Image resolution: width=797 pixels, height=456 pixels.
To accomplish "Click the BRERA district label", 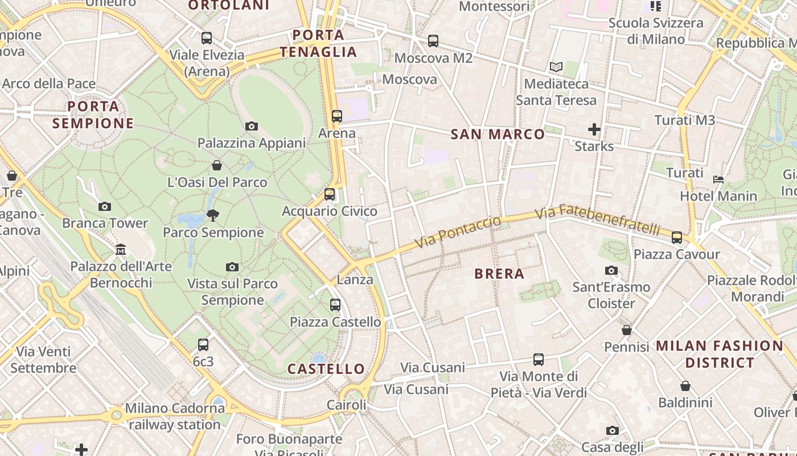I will click(x=499, y=274).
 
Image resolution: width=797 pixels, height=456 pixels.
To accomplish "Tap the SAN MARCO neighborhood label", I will click(x=498, y=135).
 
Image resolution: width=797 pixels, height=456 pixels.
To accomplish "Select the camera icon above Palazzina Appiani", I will click(x=252, y=126).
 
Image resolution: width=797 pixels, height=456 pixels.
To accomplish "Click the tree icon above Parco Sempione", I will click(x=213, y=215).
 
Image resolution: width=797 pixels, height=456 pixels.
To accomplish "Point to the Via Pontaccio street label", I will click(x=458, y=233).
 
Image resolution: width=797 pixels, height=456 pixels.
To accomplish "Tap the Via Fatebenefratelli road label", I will click(x=598, y=219).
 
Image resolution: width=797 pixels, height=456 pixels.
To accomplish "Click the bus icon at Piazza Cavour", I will click(x=677, y=237).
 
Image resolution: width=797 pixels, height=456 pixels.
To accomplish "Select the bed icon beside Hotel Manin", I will click(x=718, y=179).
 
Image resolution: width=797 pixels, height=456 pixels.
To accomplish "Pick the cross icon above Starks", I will click(x=594, y=129).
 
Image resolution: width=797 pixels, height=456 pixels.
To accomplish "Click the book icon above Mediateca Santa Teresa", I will click(x=556, y=67).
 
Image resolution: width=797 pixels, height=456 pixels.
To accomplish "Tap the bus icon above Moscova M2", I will click(x=433, y=41).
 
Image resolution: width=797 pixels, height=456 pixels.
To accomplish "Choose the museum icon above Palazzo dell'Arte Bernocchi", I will click(x=121, y=250).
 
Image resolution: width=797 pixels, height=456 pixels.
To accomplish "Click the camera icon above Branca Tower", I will click(x=105, y=206).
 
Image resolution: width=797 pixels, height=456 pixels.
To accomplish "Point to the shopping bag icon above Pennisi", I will click(x=627, y=330).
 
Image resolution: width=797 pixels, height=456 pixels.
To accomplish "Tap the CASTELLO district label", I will click(x=326, y=369).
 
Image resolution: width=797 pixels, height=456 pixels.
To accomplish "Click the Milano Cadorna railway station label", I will click(x=175, y=417).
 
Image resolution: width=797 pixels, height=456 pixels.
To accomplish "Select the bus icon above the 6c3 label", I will click(x=203, y=344).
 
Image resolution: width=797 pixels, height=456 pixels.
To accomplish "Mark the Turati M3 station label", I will click(x=684, y=120).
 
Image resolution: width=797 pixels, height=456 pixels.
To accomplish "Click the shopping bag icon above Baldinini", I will click(x=685, y=386).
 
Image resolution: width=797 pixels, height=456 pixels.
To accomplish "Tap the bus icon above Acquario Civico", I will click(x=330, y=194).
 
